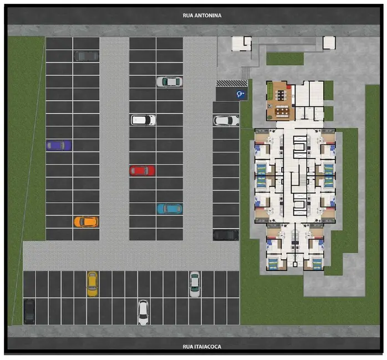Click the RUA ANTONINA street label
click(x=202, y=16)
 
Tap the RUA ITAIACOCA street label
click(x=202, y=347)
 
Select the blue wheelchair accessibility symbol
click(x=241, y=94)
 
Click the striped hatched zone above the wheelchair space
click(x=232, y=83)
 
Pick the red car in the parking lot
click(x=142, y=171)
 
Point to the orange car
click(x=86, y=222)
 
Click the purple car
click(x=59, y=145)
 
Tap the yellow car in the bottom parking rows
click(x=92, y=284)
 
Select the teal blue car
click(x=170, y=209)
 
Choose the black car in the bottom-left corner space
click(x=29, y=312)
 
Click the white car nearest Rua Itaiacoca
click(x=143, y=312)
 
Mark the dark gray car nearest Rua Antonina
click(x=86, y=56)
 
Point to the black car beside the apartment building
click(x=226, y=235)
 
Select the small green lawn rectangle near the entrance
click(x=285, y=59)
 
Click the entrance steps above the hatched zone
click(x=246, y=73)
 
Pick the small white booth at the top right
click(x=329, y=43)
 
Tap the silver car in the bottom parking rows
click(x=195, y=285)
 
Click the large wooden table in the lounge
click(x=282, y=111)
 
